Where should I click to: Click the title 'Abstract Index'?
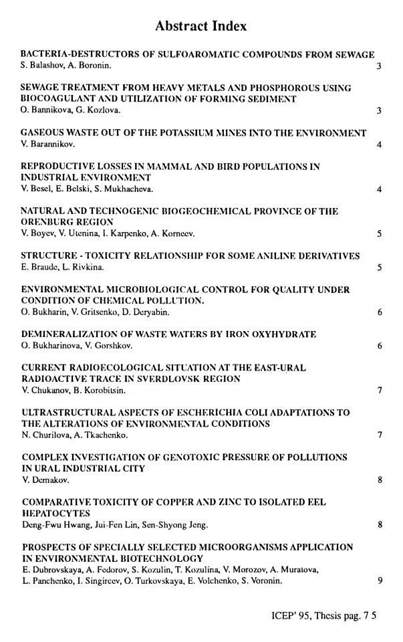[x=201, y=26]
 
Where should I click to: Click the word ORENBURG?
[x=47, y=222]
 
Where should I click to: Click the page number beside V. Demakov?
[x=379, y=480]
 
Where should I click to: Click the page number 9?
[x=379, y=580]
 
